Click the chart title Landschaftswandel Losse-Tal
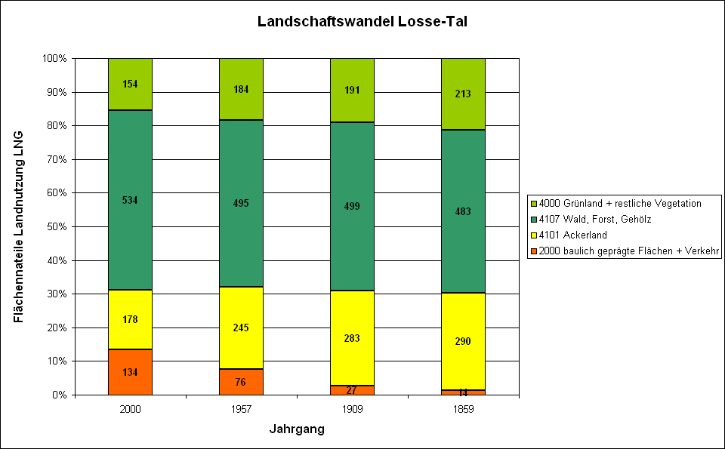coord(362,22)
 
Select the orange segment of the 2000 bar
coord(130,372)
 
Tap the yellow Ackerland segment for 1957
coord(241,328)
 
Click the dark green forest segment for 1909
coord(352,206)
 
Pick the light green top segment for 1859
coord(463,94)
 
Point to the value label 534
coord(130,200)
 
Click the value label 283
coord(352,337)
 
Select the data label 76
coord(241,382)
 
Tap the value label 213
coord(463,94)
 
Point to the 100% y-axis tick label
coord(56,58)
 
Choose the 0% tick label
coord(60,395)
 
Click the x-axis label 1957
coord(241,409)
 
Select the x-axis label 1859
coord(463,409)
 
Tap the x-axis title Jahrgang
coord(297,429)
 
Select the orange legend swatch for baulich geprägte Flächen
coord(534,251)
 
